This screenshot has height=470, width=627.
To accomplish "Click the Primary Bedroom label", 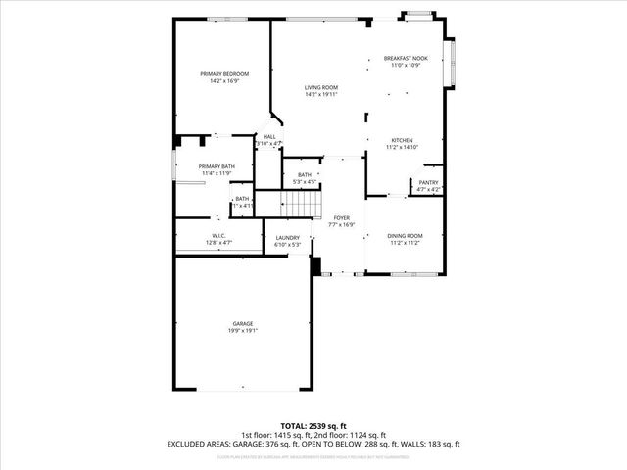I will [224, 74].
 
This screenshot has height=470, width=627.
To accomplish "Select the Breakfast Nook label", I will [405, 59].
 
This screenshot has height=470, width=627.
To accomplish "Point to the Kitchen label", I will [404, 140].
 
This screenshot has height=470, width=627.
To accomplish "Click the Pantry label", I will [429, 182].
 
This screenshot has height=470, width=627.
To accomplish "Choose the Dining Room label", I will [405, 236].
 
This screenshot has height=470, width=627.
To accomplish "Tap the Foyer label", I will [341, 217].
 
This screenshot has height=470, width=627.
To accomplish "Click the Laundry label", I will [287, 237].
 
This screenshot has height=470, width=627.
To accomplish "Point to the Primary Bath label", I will [217, 166].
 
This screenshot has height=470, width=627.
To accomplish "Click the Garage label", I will [243, 324].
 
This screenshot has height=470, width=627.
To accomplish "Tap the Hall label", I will [268, 137].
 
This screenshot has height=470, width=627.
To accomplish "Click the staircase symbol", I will [302, 204].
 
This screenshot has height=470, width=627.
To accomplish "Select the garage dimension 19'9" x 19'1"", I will [243, 331].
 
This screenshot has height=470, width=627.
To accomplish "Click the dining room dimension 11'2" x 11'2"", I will [405, 243].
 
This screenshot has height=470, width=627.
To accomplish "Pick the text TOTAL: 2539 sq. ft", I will [313, 425].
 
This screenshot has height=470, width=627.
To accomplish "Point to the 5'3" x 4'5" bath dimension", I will [305, 181].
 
